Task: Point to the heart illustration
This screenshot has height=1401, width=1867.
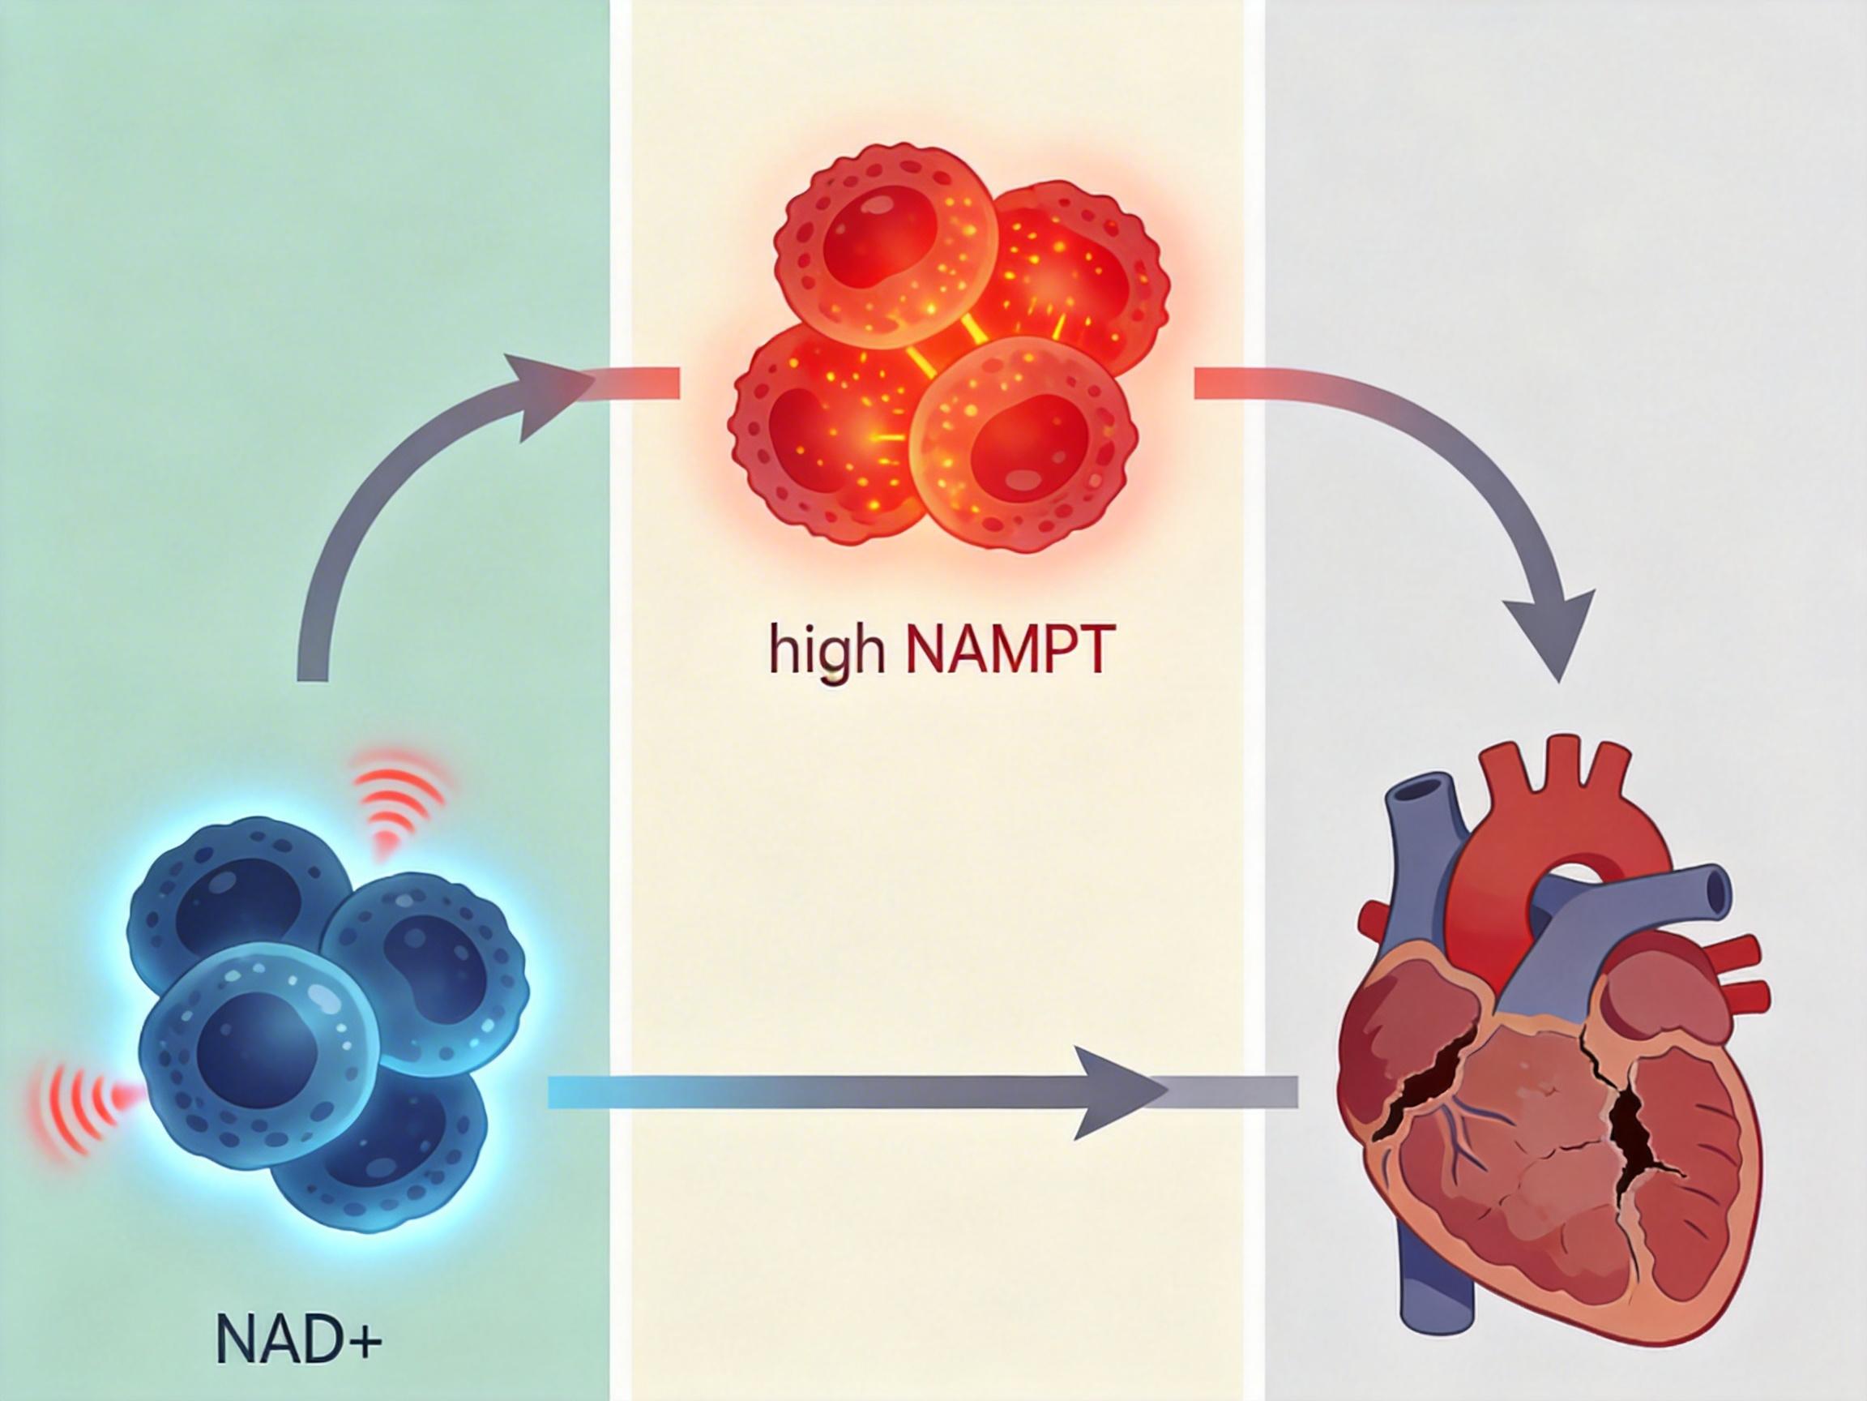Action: pos(1553,1073)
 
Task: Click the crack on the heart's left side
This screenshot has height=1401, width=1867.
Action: pos(1426,1090)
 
